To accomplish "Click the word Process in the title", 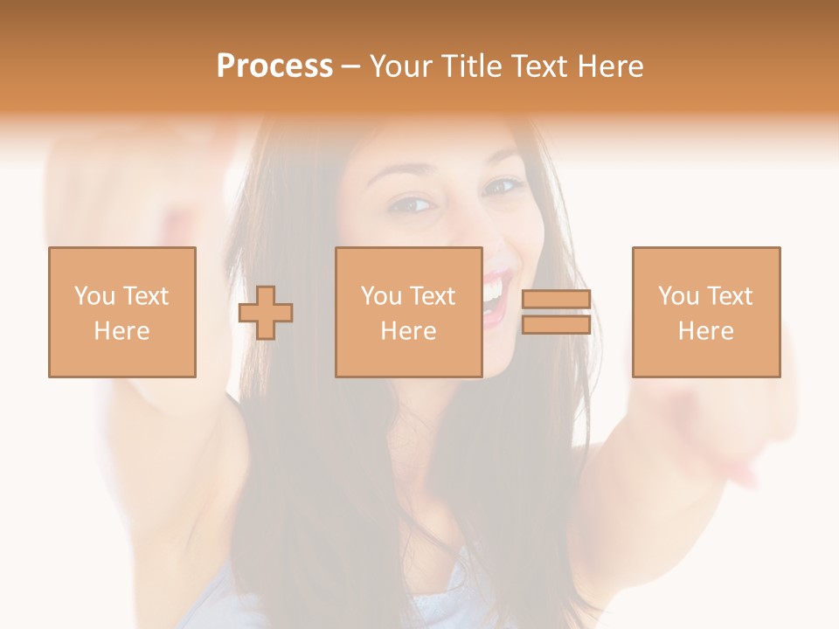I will pyautogui.click(x=274, y=66).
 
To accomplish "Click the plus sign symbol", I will pyautogui.click(x=266, y=313).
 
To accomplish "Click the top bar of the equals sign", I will pyautogui.click(x=556, y=300).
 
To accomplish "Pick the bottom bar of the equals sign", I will pyautogui.click(x=556, y=325).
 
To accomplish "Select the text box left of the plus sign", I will pyautogui.click(x=121, y=312).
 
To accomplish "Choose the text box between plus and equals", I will pyautogui.click(x=408, y=312).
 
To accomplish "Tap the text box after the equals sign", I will pyautogui.click(x=706, y=312).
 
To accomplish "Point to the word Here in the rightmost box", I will pyautogui.click(x=706, y=330).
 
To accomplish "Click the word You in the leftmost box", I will pyautogui.click(x=94, y=295).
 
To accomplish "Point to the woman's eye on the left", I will pyautogui.click(x=413, y=205).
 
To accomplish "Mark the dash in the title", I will pyautogui.click(x=351, y=66).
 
